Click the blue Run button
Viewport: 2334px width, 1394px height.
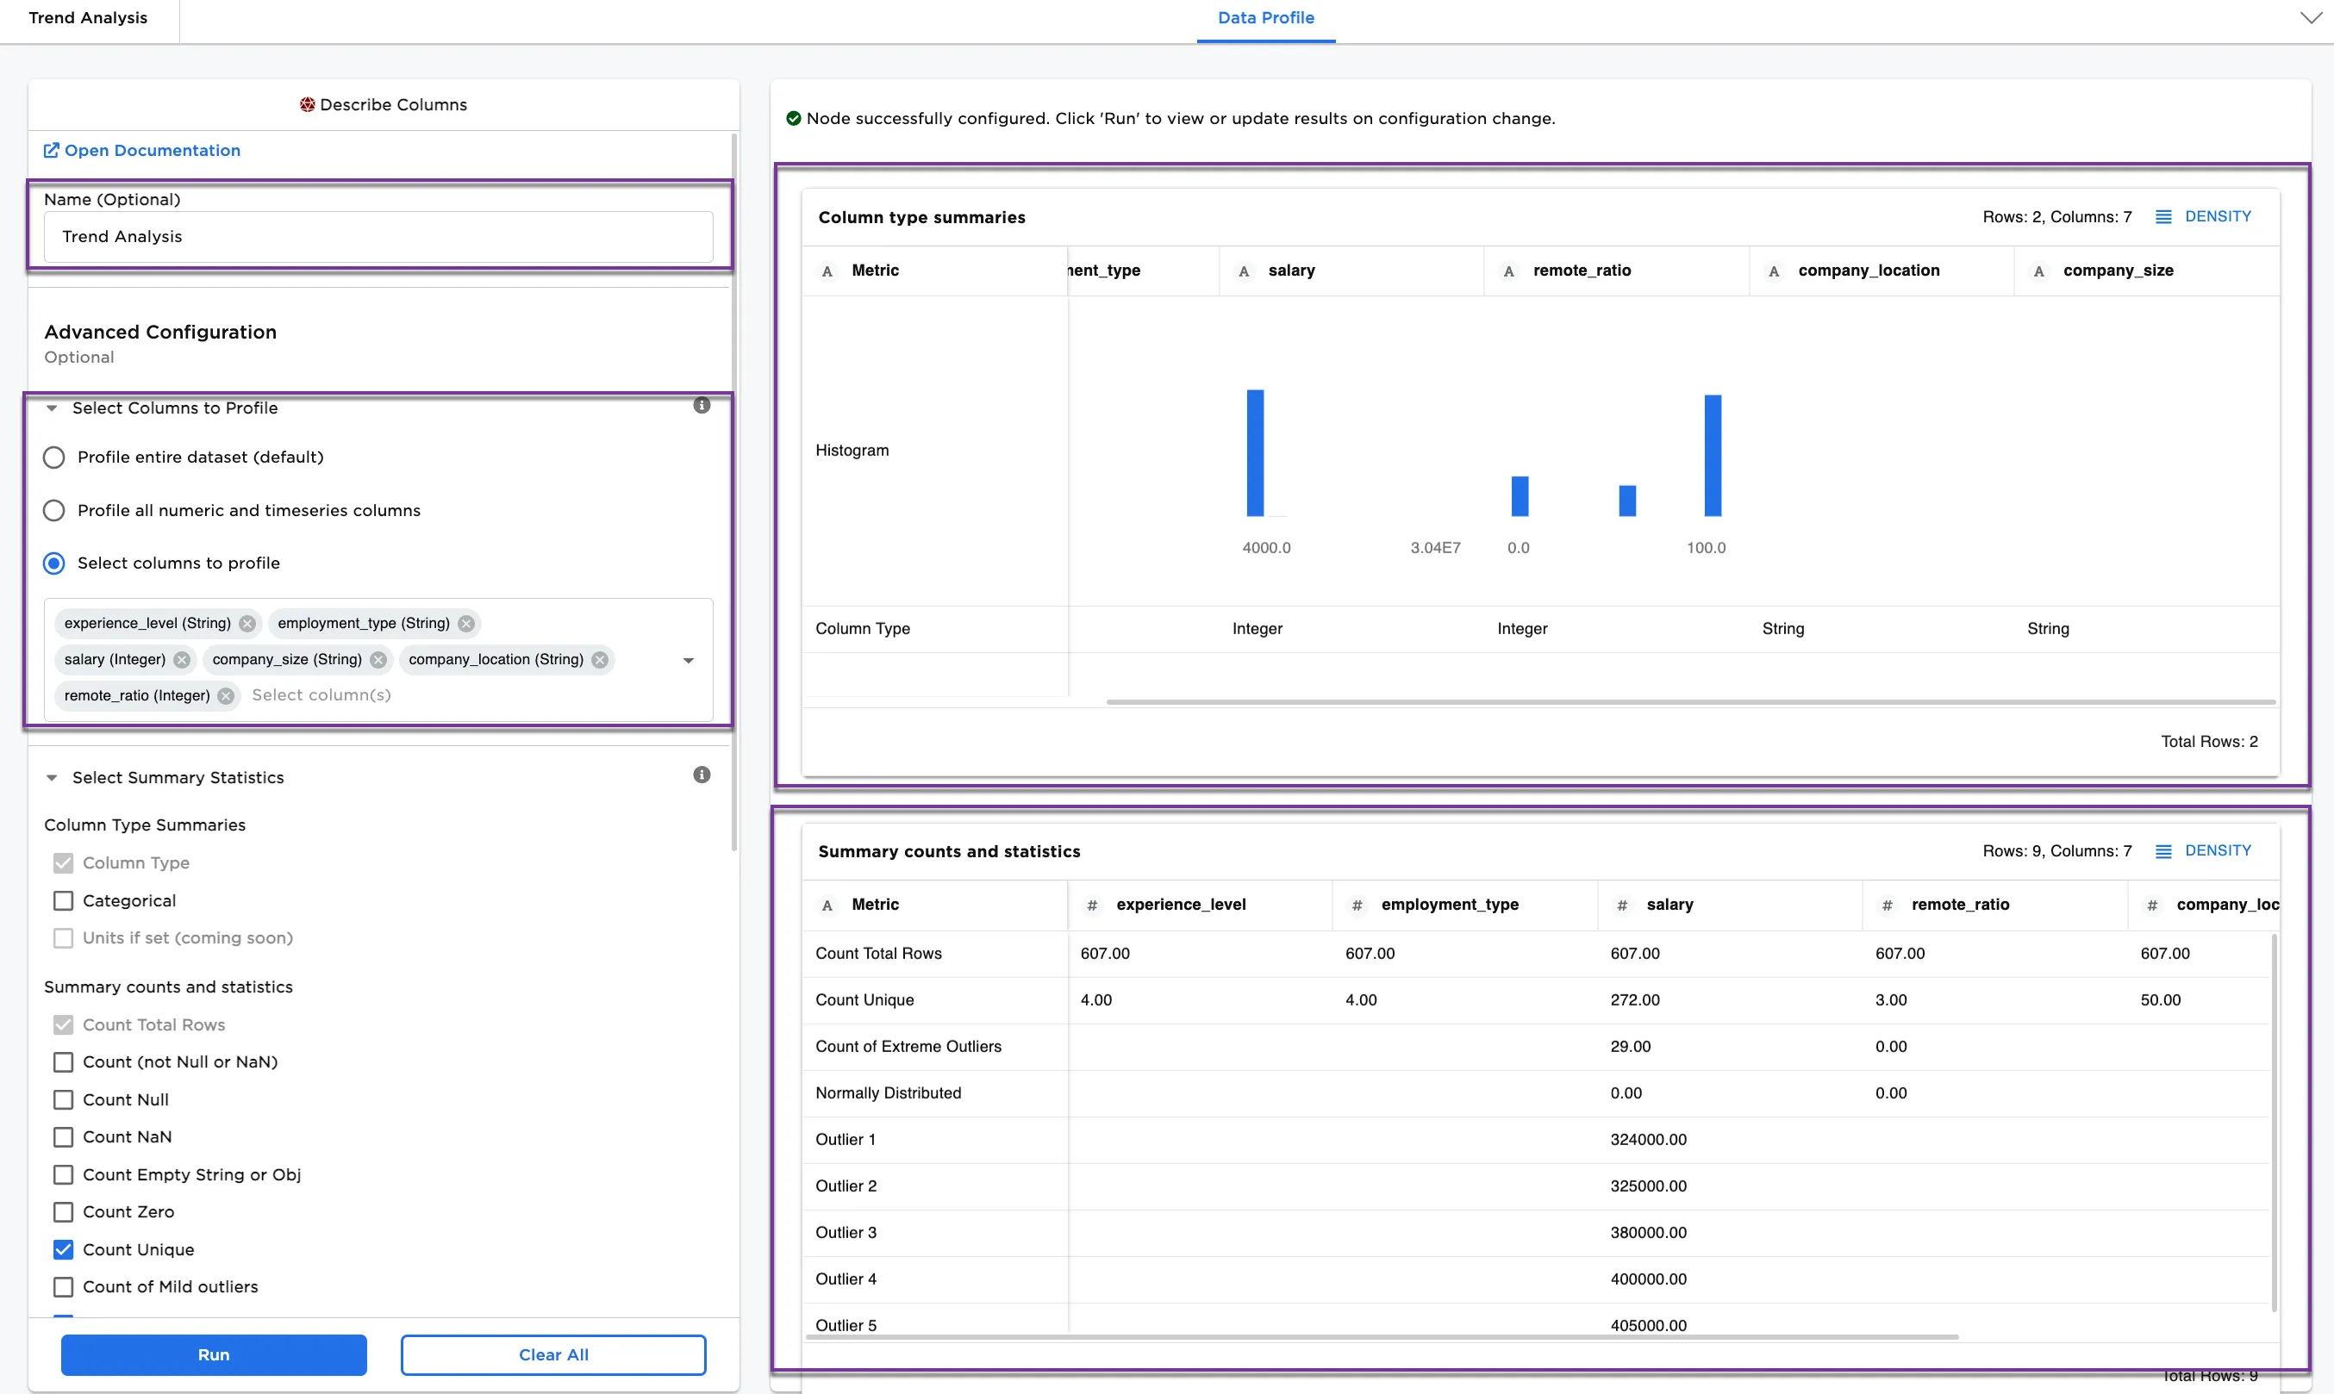point(213,1354)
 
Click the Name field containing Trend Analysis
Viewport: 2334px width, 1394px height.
point(378,237)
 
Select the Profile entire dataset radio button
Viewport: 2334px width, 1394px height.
point(54,457)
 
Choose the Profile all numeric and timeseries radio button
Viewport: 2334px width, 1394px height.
point(54,510)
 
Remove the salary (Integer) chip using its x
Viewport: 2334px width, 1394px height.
point(182,659)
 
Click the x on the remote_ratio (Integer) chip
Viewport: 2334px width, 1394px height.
point(227,695)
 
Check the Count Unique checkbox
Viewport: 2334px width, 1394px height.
point(63,1248)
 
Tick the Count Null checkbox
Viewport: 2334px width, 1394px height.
point(63,1099)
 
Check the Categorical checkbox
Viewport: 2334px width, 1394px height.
point(63,900)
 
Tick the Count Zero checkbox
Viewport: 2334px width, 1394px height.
point(63,1210)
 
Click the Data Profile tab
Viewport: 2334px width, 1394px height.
point(1264,18)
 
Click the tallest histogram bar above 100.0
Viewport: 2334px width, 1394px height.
point(1712,455)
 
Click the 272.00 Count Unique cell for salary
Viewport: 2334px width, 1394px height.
point(1635,999)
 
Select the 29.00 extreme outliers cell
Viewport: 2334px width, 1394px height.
point(1630,1046)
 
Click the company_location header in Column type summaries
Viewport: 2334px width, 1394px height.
point(1868,271)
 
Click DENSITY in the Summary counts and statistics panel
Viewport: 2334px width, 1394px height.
point(2217,850)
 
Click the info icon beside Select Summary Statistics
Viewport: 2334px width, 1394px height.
point(701,775)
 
